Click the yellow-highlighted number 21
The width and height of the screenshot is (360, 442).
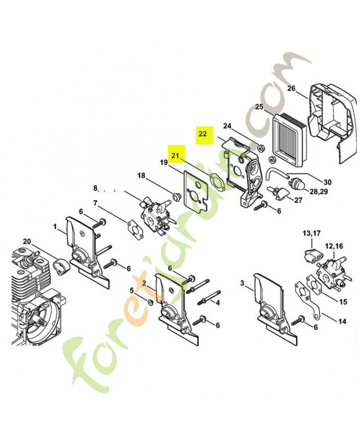(x=176, y=155)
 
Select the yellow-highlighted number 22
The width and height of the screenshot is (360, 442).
(x=203, y=133)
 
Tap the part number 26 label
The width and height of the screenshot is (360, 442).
(x=292, y=88)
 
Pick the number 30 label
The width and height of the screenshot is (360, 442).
(x=327, y=182)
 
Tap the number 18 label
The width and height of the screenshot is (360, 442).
(x=141, y=176)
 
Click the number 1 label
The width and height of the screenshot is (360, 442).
(x=55, y=227)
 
